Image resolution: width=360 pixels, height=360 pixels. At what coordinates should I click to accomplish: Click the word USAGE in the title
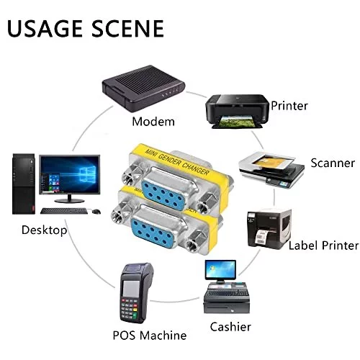click(x=45, y=29)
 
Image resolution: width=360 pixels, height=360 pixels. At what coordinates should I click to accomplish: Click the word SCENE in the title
click(x=128, y=29)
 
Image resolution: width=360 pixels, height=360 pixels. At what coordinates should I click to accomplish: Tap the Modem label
click(x=153, y=122)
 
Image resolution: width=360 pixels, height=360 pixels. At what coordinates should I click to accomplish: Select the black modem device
click(x=143, y=89)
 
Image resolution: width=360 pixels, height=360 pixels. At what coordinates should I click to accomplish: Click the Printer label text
click(x=289, y=106)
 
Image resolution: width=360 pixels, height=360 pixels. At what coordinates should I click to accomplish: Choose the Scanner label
click(x=333, y=163)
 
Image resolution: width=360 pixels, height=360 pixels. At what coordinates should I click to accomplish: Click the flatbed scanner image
click(x=271, y=169)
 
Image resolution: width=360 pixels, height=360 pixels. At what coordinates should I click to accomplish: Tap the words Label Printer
click(x=323, y=246)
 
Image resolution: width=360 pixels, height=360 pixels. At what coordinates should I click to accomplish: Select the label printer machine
click(x=269, y=229)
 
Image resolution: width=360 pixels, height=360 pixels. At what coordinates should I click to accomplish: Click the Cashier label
click(x=230, y=327)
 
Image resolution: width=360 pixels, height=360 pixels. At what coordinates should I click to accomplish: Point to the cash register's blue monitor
click(x=220, y=270)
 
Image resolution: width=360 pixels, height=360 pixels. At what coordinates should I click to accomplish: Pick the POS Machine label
click(x=150, y=336)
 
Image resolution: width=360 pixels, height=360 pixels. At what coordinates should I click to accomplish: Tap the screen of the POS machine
click(x=131, y=289)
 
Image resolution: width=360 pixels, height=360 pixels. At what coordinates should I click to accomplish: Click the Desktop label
click(x=44, y=230)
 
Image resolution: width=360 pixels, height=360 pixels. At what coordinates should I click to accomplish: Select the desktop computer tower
click(x=24, y=184)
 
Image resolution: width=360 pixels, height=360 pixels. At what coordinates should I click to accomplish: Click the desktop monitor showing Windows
click(x=70, y=174)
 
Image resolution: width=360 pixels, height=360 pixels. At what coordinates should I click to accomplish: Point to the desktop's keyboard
click(x=64, y=211)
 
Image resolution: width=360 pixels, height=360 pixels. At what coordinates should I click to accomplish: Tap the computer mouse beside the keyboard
click(x=96, y=212)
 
